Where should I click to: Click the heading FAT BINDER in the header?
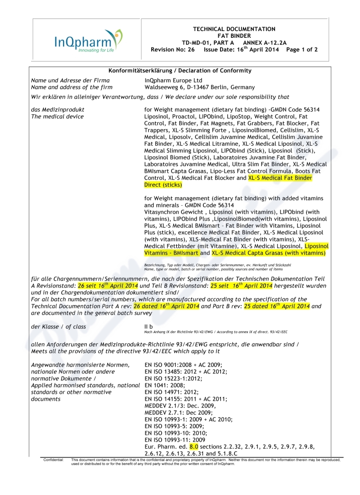tap(234, 36)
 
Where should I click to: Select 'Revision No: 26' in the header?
tap(173, 50)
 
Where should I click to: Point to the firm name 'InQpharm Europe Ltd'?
tap(173, 81)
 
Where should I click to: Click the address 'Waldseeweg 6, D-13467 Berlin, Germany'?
tap(199, 87)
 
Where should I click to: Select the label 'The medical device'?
tap(57, 117)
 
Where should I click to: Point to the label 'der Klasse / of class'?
tap(58, 327)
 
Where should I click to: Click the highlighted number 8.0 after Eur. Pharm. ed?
tap(194, 446)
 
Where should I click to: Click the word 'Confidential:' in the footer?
tap(54, 460)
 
